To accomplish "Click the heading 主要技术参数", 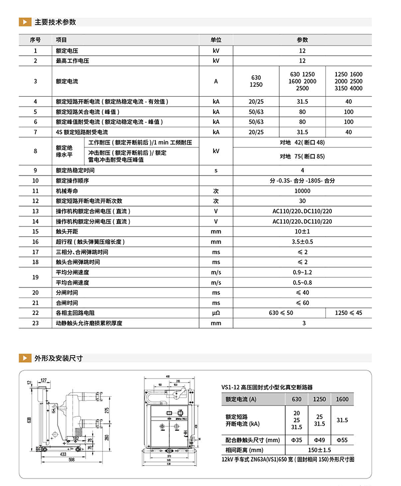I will tap(55, 22).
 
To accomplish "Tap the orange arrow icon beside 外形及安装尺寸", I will tap(24, 358).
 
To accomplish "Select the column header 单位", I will tap(216, 40).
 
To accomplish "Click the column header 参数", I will tap(302, 40).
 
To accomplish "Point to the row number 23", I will tap(35, 323).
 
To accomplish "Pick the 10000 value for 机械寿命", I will tap(302, 191).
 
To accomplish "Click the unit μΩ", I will tap(216, 313).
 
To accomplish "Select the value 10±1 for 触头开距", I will tap(302, 232).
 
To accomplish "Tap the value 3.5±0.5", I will tap(302, 242).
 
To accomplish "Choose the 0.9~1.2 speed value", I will tap(302, 272).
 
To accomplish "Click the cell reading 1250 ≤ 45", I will tap(349, 313).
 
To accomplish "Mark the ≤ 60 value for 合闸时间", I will tap(302, 303).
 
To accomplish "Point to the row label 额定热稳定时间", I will tap(76, 171).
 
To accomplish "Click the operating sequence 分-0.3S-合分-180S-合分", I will tap(302, 181).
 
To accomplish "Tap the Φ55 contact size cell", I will tap(342, 440).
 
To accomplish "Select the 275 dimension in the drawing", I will tap(107, 410).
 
